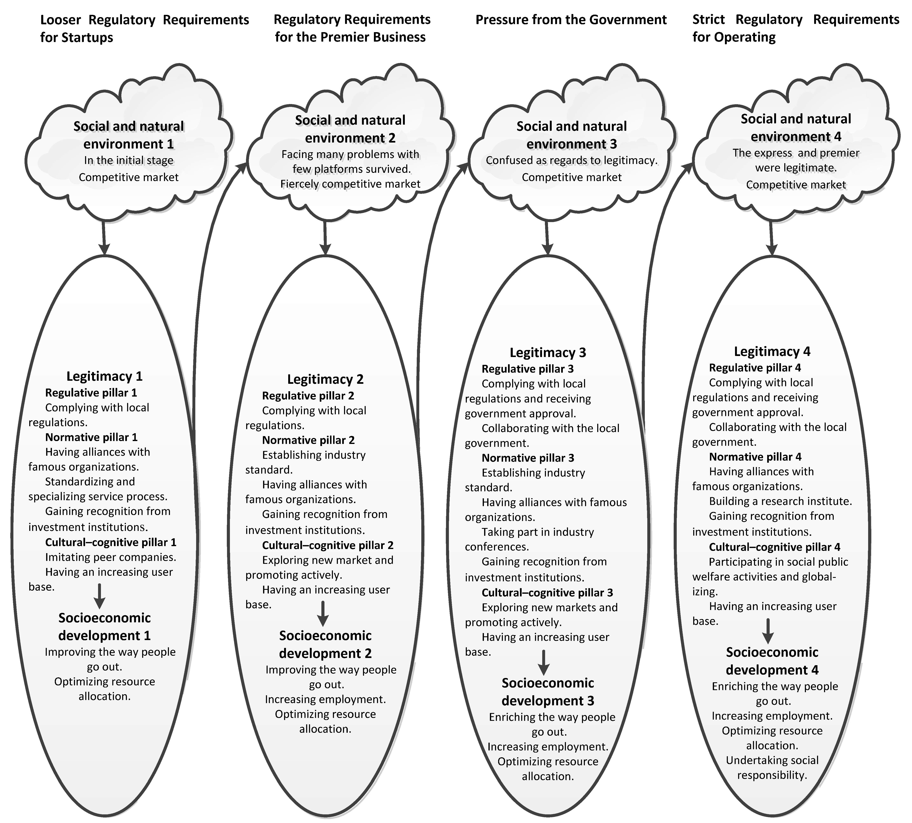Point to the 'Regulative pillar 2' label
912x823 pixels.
[308, 396]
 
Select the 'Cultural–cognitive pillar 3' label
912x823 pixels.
[547, 592]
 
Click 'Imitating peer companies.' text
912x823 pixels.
[110, 557]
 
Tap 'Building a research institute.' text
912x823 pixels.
[780, 501]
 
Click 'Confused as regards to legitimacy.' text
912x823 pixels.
[571, 160]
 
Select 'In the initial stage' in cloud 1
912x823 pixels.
[129, 160]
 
